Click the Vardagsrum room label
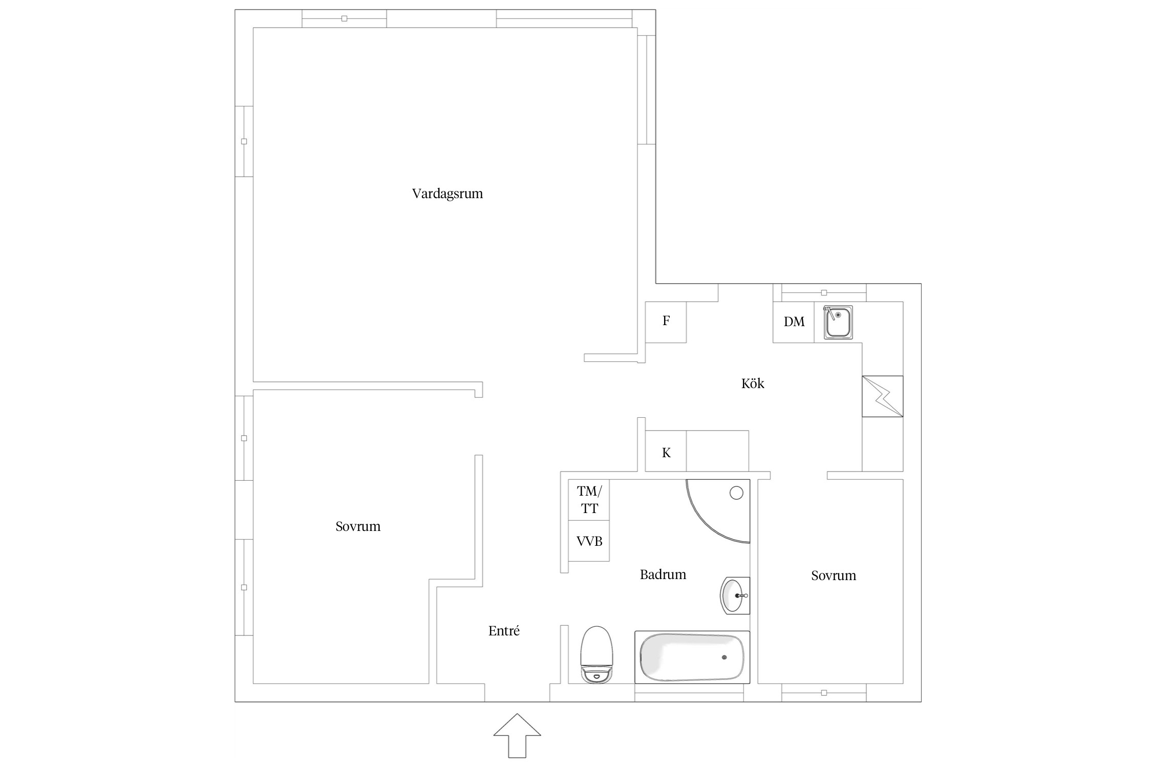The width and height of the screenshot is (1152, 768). [447, 194]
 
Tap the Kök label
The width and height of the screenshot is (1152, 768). [753, 383]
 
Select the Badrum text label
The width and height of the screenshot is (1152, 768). [663, 574]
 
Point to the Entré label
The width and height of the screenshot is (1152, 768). [504, 631]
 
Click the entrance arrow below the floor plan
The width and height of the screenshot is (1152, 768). [517, 735]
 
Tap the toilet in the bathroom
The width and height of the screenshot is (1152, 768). [596, 654]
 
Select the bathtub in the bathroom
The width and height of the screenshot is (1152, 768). [692, 657]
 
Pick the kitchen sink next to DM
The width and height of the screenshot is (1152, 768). [838, 322]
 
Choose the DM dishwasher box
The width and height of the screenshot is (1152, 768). [794, 322]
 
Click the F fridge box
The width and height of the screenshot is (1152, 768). [666, 322]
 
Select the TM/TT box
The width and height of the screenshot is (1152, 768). [589, 500]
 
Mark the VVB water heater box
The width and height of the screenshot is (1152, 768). [589, 541]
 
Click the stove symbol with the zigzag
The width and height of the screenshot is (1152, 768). [883, 396]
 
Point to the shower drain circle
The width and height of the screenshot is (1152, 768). [736, 493]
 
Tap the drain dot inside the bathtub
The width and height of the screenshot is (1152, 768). [724, 657]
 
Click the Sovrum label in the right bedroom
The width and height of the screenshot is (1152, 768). [834, 575]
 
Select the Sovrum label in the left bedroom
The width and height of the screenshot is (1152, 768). [358, 527]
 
